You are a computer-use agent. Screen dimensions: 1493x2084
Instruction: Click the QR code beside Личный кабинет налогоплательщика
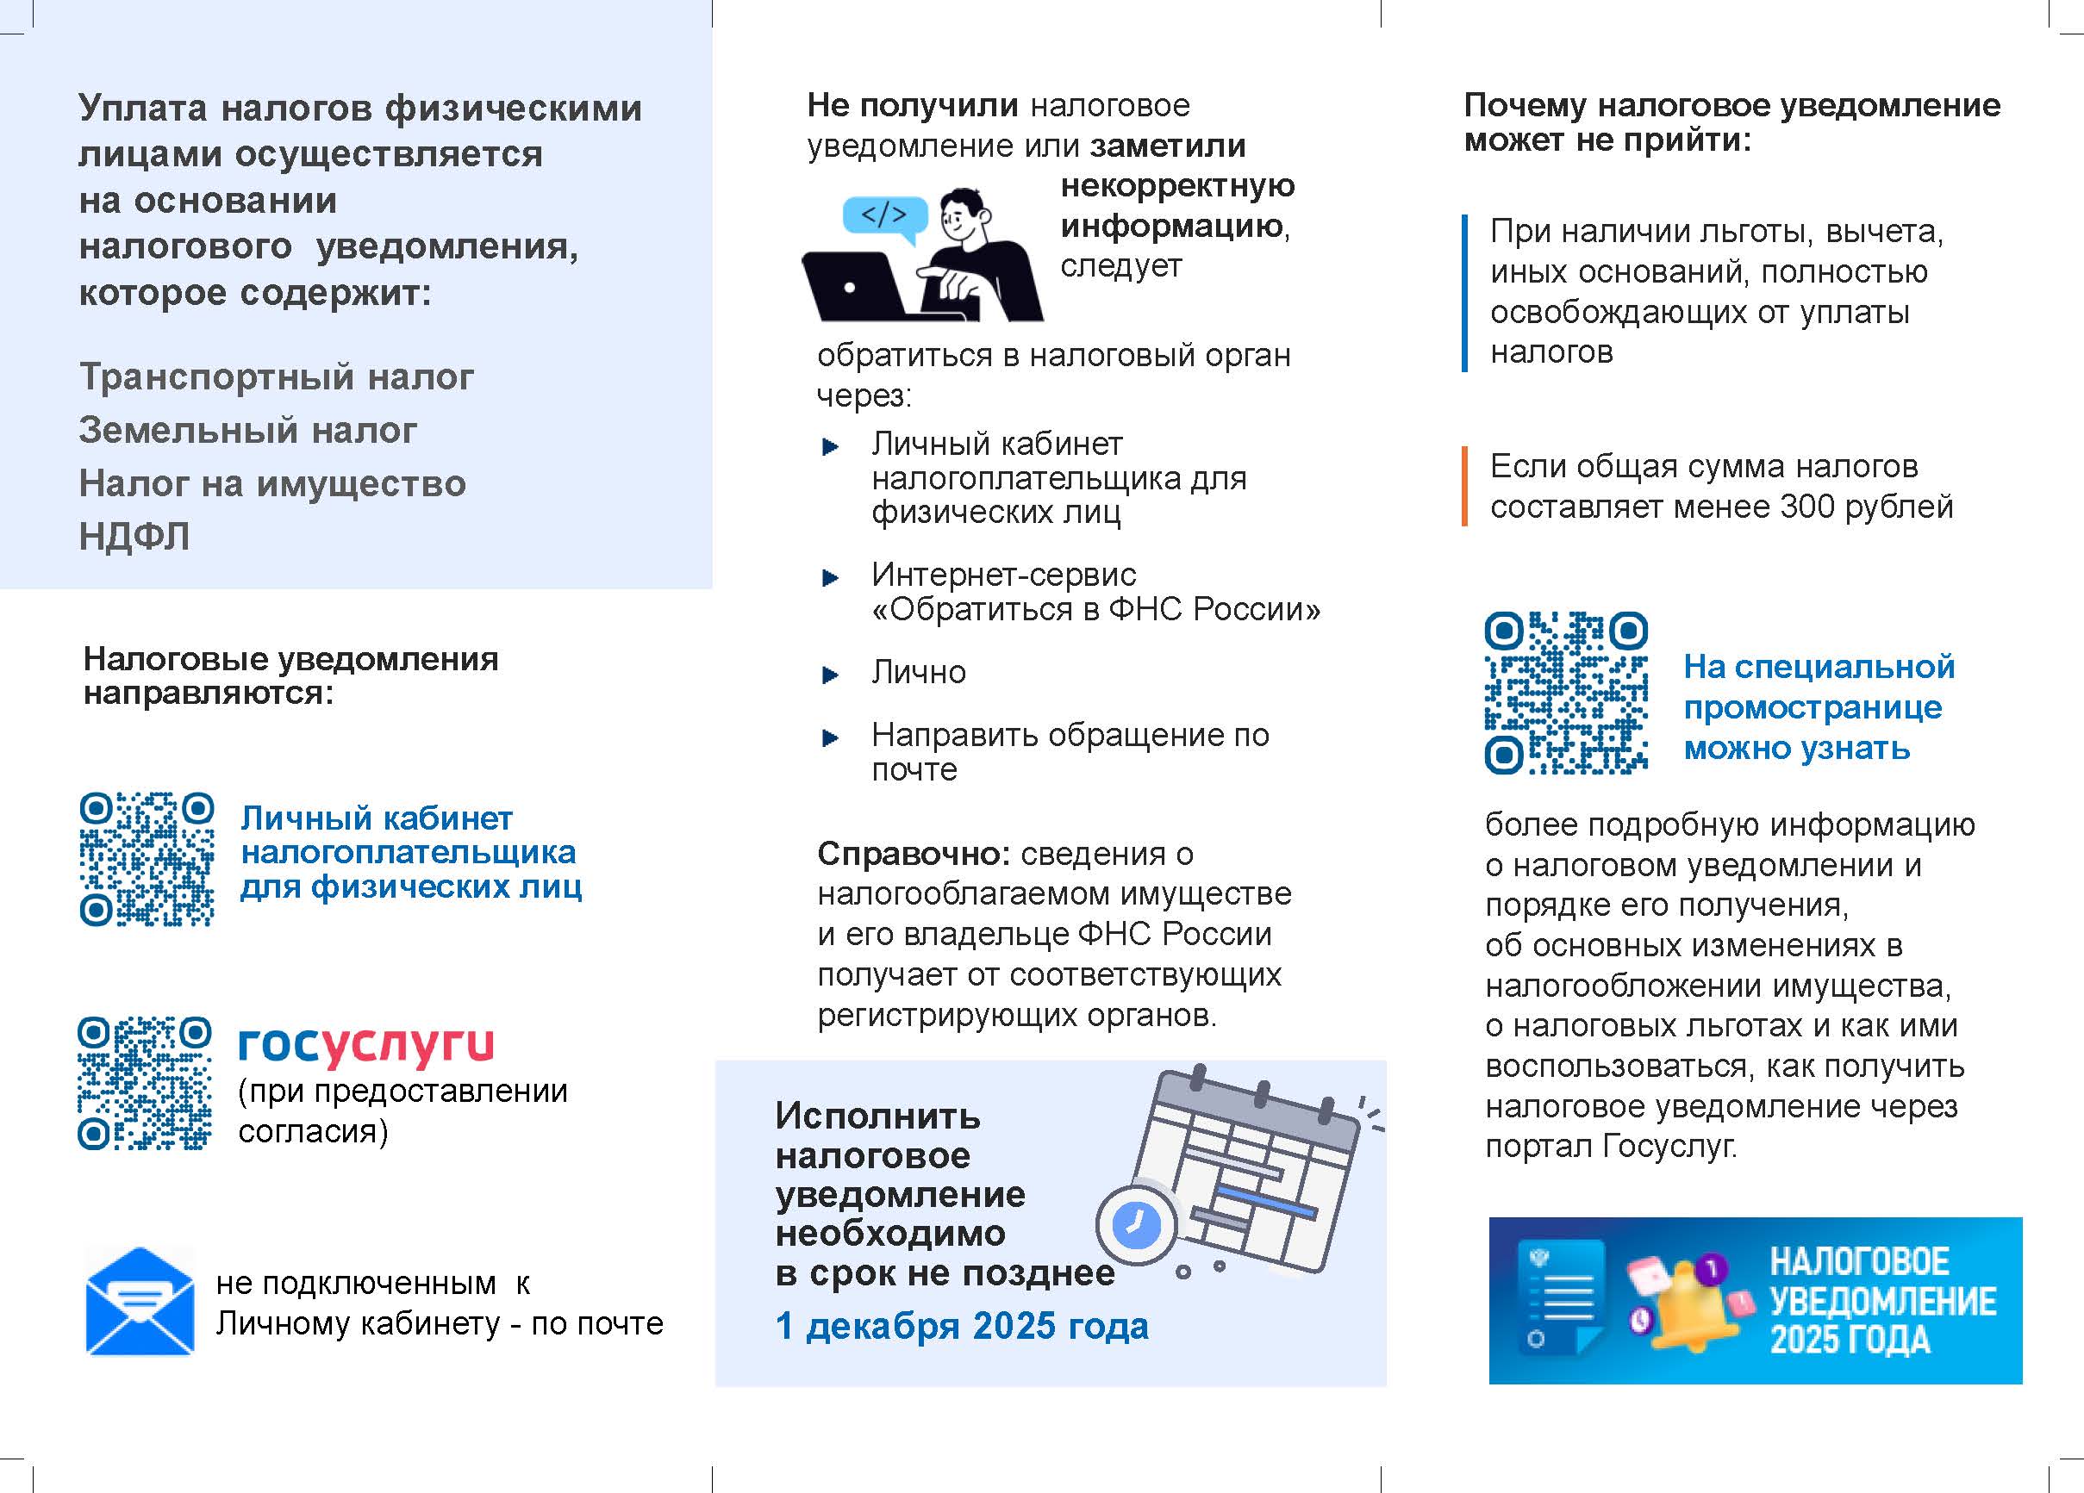tap(147, 858)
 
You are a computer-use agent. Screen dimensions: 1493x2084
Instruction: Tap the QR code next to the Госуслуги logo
tap(145, 1083)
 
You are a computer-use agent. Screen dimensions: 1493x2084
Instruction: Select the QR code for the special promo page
tap(1566, 693)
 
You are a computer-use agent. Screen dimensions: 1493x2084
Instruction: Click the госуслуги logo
tap(365, 1045)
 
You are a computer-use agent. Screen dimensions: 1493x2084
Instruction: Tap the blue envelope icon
tap(140, 1301)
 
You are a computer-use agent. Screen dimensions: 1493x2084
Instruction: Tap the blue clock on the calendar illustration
tap(1136, 1225)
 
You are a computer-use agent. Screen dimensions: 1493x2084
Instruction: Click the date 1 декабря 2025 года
tap(961, 1326)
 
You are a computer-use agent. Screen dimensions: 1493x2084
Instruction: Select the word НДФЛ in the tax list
tap(134, 536)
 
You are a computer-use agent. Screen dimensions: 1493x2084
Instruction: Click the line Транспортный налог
tap(276, 376)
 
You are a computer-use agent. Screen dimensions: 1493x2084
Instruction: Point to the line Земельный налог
tap(247, 430)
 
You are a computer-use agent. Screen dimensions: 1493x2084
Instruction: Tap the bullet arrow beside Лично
tap(831, 675)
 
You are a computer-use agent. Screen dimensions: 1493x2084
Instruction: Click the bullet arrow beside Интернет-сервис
tap(831, 578)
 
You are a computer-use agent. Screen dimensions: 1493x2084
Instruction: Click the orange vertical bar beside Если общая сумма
tap(1464, 486)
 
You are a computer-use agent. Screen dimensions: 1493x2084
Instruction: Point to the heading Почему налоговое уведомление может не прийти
tap(1731, 122)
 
